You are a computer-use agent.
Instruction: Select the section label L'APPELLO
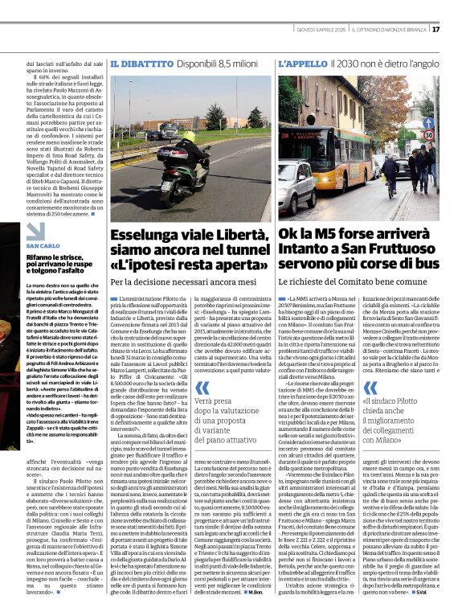[x=302, y=63]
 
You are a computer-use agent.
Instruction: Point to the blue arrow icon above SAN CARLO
[x=35, y=232]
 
